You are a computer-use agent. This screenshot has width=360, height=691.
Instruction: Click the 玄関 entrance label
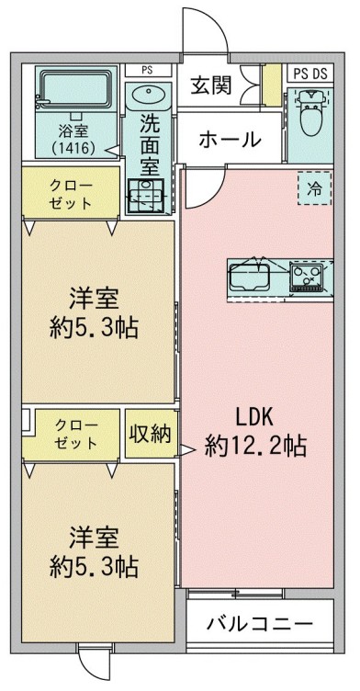tap(210, 87)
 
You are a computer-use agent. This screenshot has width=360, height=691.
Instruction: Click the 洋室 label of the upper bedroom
tap(95, 300)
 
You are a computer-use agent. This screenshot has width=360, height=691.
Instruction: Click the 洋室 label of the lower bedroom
tap(95, 536)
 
